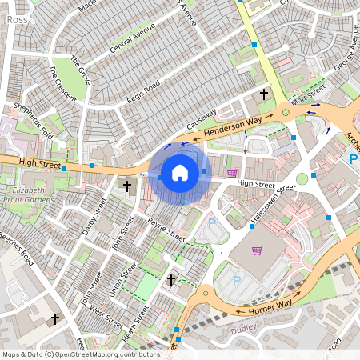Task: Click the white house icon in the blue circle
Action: [179, 173]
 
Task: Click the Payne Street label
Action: [167, 228]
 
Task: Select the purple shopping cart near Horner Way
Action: [258, 250]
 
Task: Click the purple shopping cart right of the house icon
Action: [232, 173]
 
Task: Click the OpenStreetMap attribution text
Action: [80, 354]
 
